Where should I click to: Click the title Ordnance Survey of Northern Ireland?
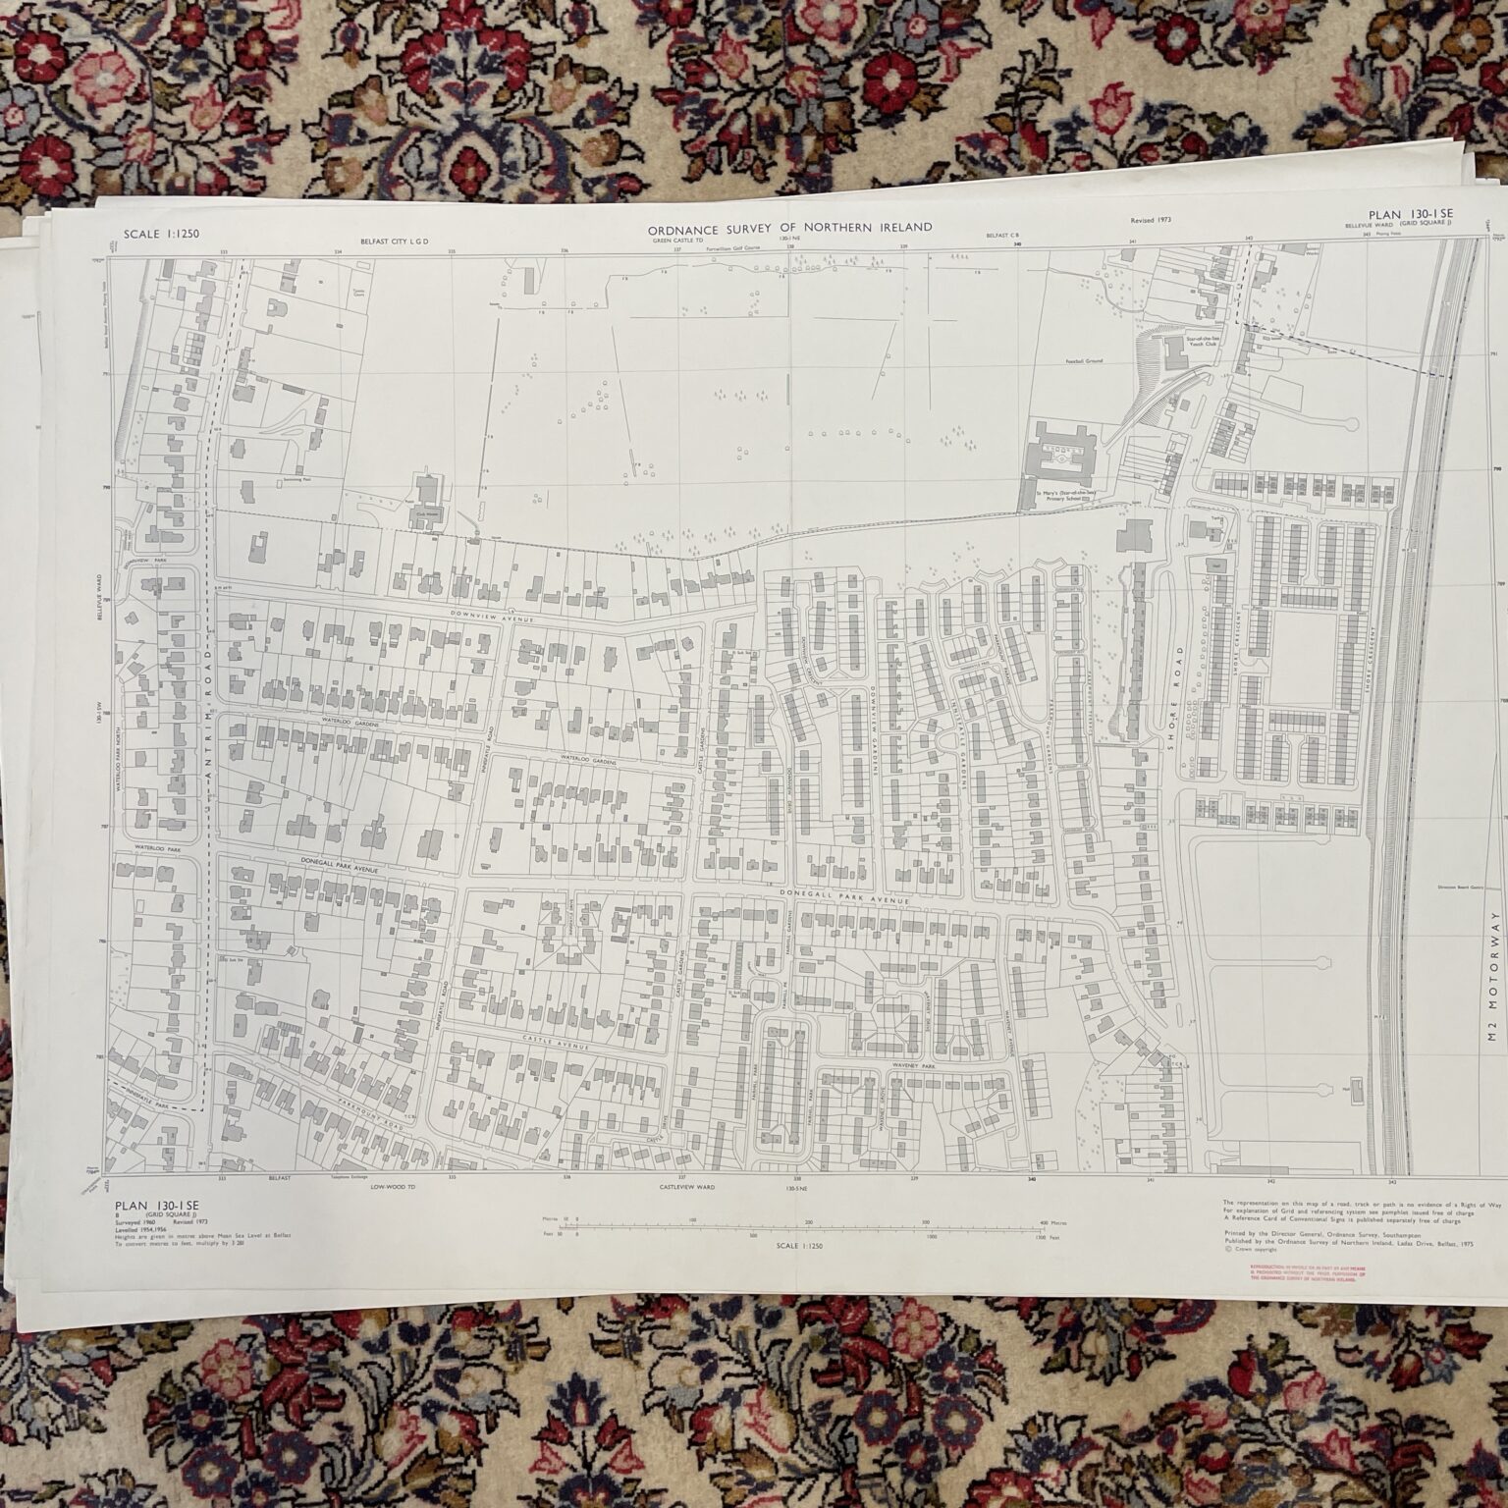(x=789, y=228)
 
